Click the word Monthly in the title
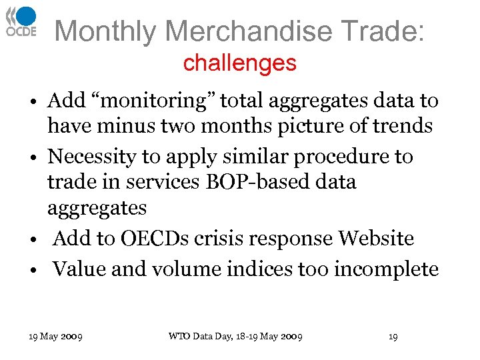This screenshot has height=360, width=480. tap(105, 31)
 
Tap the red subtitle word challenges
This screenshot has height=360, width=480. tap(239, 63)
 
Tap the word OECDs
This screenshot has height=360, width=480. tap(160, 238)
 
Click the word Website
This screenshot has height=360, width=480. tap(376, 238)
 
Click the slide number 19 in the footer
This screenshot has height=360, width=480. tap(393, 337)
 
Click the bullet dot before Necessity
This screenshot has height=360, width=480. tap(33, 158)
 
